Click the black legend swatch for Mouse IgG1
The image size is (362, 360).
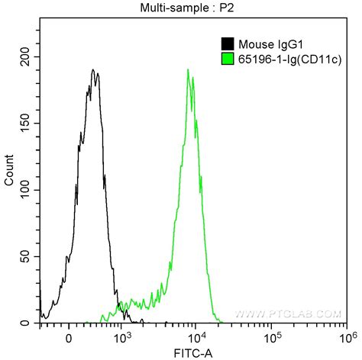pyautogui.click(x=228, y=43)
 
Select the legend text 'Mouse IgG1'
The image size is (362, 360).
pyautogui.click(x=265, y=43)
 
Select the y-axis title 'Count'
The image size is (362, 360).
pyautogui.click(x=8, y=175)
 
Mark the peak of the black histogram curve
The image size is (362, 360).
pyautogui.click(x=92, y=70)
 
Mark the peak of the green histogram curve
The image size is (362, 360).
pyautogui.click(x=188, y=69)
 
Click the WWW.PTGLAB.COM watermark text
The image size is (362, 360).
pyautogui.click(x=288, y=313)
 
